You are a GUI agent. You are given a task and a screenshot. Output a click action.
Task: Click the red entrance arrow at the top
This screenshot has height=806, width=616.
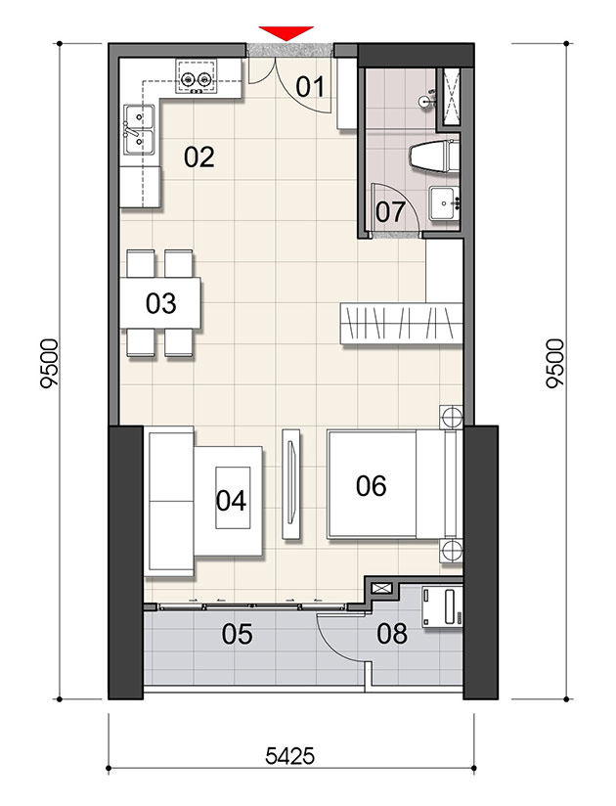(x=286, y=32)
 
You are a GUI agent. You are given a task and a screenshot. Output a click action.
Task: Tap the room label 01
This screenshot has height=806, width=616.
(x=310, y=87)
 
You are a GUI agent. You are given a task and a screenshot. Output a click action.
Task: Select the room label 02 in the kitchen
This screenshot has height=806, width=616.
(x=199, y=157)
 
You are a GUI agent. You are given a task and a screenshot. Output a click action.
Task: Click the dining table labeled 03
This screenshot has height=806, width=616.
(x=160, y=303)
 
